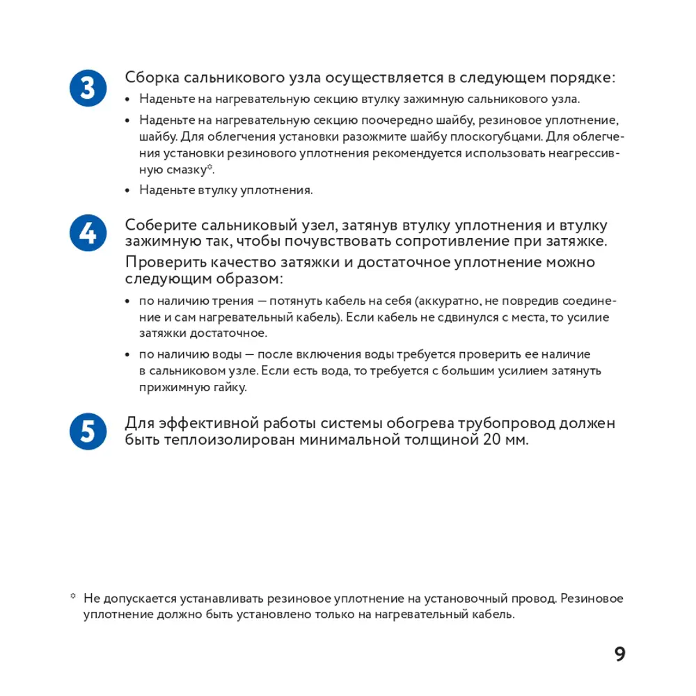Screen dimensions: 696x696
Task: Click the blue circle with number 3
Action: [88, 89]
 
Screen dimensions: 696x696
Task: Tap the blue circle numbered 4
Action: [88, 232]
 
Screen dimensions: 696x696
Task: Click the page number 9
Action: [619, 654]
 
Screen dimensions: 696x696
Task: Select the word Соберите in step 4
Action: [161, 226]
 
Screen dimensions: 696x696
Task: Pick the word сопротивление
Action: [462, 242]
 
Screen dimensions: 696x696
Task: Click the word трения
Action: [223, 301]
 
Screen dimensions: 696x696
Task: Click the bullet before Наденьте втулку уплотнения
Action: [128, 190]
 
